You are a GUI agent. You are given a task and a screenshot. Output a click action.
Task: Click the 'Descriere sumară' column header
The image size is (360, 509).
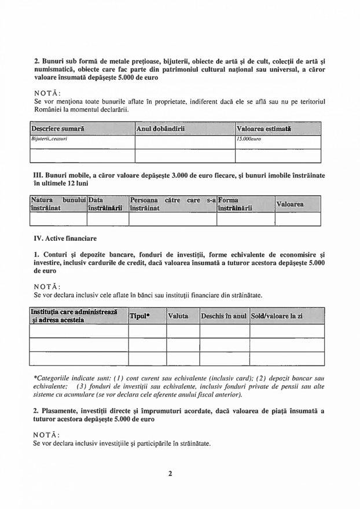click(58, 127)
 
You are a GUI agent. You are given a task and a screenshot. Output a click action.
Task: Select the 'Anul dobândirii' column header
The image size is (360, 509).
click(160, 127)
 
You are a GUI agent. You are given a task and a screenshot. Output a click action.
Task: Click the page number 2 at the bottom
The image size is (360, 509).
click(171, 474)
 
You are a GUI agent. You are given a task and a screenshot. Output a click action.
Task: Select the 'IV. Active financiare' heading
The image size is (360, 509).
click(65, 238)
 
